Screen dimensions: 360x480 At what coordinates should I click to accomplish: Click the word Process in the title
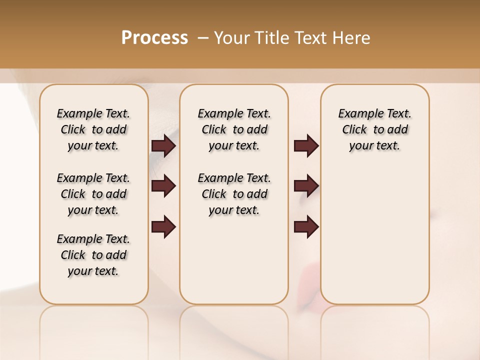tap(154, 38)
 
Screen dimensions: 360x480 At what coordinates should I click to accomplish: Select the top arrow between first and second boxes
tap(163, 145)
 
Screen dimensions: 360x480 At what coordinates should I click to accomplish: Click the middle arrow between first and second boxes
tap(163, 186)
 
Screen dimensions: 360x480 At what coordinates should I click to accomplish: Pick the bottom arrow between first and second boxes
tap(163, 226)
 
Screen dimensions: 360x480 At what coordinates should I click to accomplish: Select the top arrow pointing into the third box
tap(306, 145)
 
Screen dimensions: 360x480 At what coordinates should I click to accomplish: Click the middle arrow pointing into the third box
tap(306, 186)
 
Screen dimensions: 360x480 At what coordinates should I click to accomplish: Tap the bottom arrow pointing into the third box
tap(306, 226)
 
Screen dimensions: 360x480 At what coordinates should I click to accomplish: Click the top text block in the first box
tap(93, 129)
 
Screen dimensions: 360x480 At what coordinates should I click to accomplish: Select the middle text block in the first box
tap(93, 194)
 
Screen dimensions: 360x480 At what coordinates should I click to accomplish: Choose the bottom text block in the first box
tap(93, 255)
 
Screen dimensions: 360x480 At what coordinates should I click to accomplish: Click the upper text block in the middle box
tap(234, 129)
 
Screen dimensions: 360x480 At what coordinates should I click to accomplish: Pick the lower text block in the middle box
tap(234, 194)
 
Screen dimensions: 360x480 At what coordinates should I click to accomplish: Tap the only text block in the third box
tap(375, 129)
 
